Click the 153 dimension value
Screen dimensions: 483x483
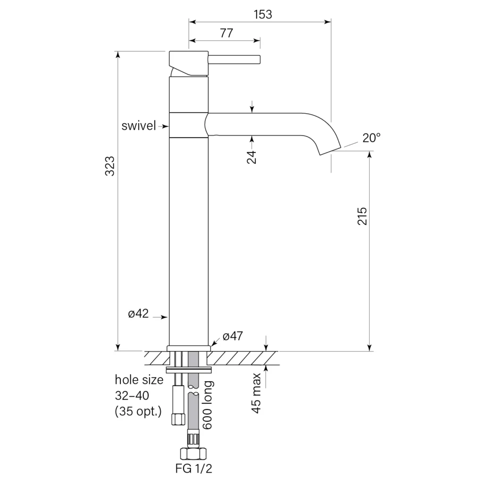point(263,15)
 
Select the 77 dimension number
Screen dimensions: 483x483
point(227,33)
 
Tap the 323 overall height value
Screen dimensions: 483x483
point(109,167)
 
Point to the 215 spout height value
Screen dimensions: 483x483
point(362,216)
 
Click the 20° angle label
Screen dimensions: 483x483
point(372,138)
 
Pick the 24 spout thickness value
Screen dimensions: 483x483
point(252,157)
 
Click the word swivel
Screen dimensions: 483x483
point(139,125)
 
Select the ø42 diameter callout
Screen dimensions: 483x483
point(138,314)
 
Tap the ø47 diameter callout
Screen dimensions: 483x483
point(233,336)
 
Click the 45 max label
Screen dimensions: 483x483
point(256,393)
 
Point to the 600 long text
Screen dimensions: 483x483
point(208,405)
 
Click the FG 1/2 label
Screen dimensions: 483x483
point(194,468)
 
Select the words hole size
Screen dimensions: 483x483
point(139,380)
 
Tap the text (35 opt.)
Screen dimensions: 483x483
point(138,411)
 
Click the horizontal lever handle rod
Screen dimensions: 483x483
point(234,59)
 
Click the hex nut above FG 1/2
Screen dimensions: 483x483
point(193,453)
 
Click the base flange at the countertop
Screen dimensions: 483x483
point(189,349)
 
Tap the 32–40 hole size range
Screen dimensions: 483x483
point(132,396)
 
